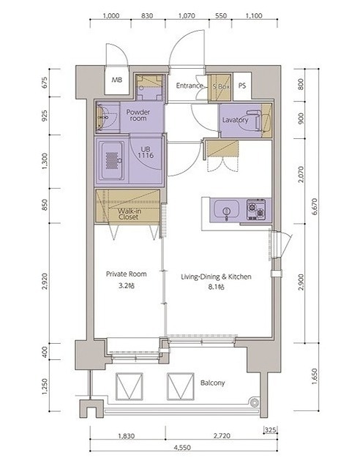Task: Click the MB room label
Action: click(117, 80)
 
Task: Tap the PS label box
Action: click(242, 86)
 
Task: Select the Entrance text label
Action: click(190, 86)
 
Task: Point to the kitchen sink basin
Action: click(226, 208)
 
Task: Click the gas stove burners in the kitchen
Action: click(256, 209)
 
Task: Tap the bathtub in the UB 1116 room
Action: click(112, 161)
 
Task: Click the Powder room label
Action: click(138, 116)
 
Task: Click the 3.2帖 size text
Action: click(127, 286)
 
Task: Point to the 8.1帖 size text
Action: click(216, 287)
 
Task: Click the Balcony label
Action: click(212, 383)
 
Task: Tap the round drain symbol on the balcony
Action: click(255, 403)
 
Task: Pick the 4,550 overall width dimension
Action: click(182, 448)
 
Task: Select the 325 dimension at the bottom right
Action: click(270, 429)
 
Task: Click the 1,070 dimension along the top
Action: click(187, 16)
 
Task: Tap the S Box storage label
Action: click(221, 87)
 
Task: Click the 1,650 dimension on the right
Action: click(315, 377)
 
